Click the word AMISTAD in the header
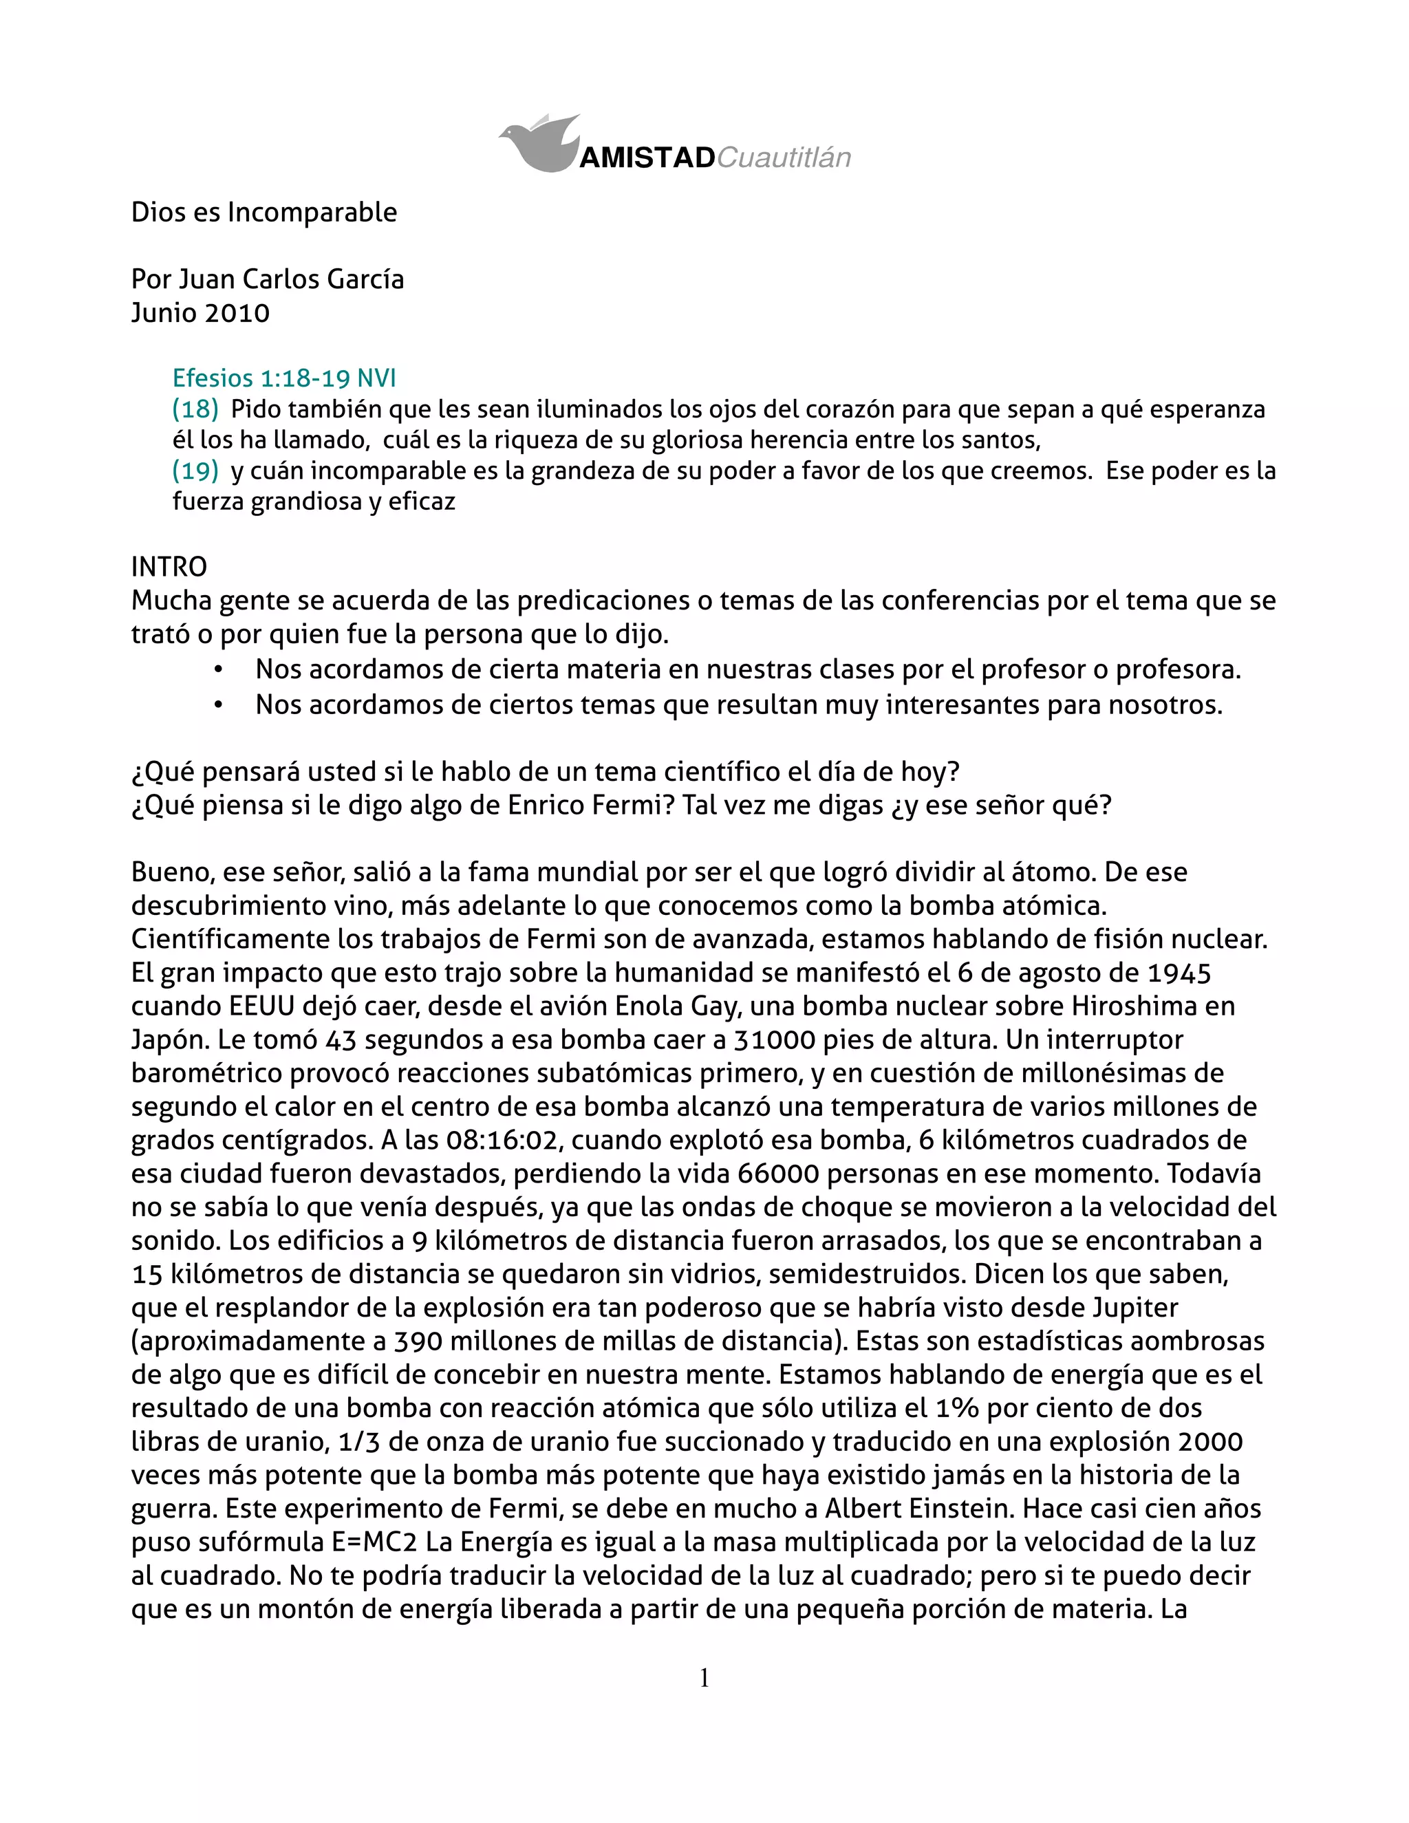point(647,158)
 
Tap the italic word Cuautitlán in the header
point(784,158)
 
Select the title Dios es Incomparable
point(263,212)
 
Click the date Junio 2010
point(200,313)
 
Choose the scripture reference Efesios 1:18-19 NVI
point(284,378)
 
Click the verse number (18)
point(195,409)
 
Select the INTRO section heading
point(169,567)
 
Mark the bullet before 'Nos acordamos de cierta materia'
point(218,669)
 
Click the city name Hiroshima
point(1134,1006)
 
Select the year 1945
point(1179,973)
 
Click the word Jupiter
point(1134,1307)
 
